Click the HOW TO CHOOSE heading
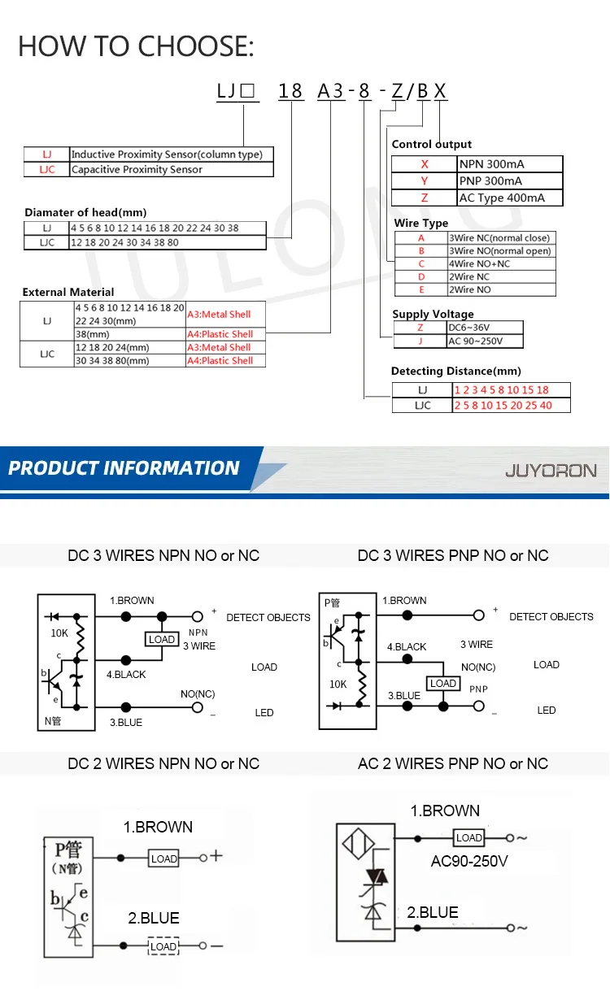[136, 46]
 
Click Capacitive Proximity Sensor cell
[171, 169]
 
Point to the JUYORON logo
[551, 470]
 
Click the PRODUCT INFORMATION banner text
[124, 468]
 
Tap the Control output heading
[432, 144]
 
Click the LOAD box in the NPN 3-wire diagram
[162, 639]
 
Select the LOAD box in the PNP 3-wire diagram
[443, 684]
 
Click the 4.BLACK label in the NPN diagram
[126, 674]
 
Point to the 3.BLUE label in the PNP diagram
[403, 696]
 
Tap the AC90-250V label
[469, 861]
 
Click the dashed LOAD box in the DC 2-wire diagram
[163, 946]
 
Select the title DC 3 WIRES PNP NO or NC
[453, 556]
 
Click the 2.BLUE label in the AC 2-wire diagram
[433, 912]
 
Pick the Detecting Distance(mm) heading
[455, 372]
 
